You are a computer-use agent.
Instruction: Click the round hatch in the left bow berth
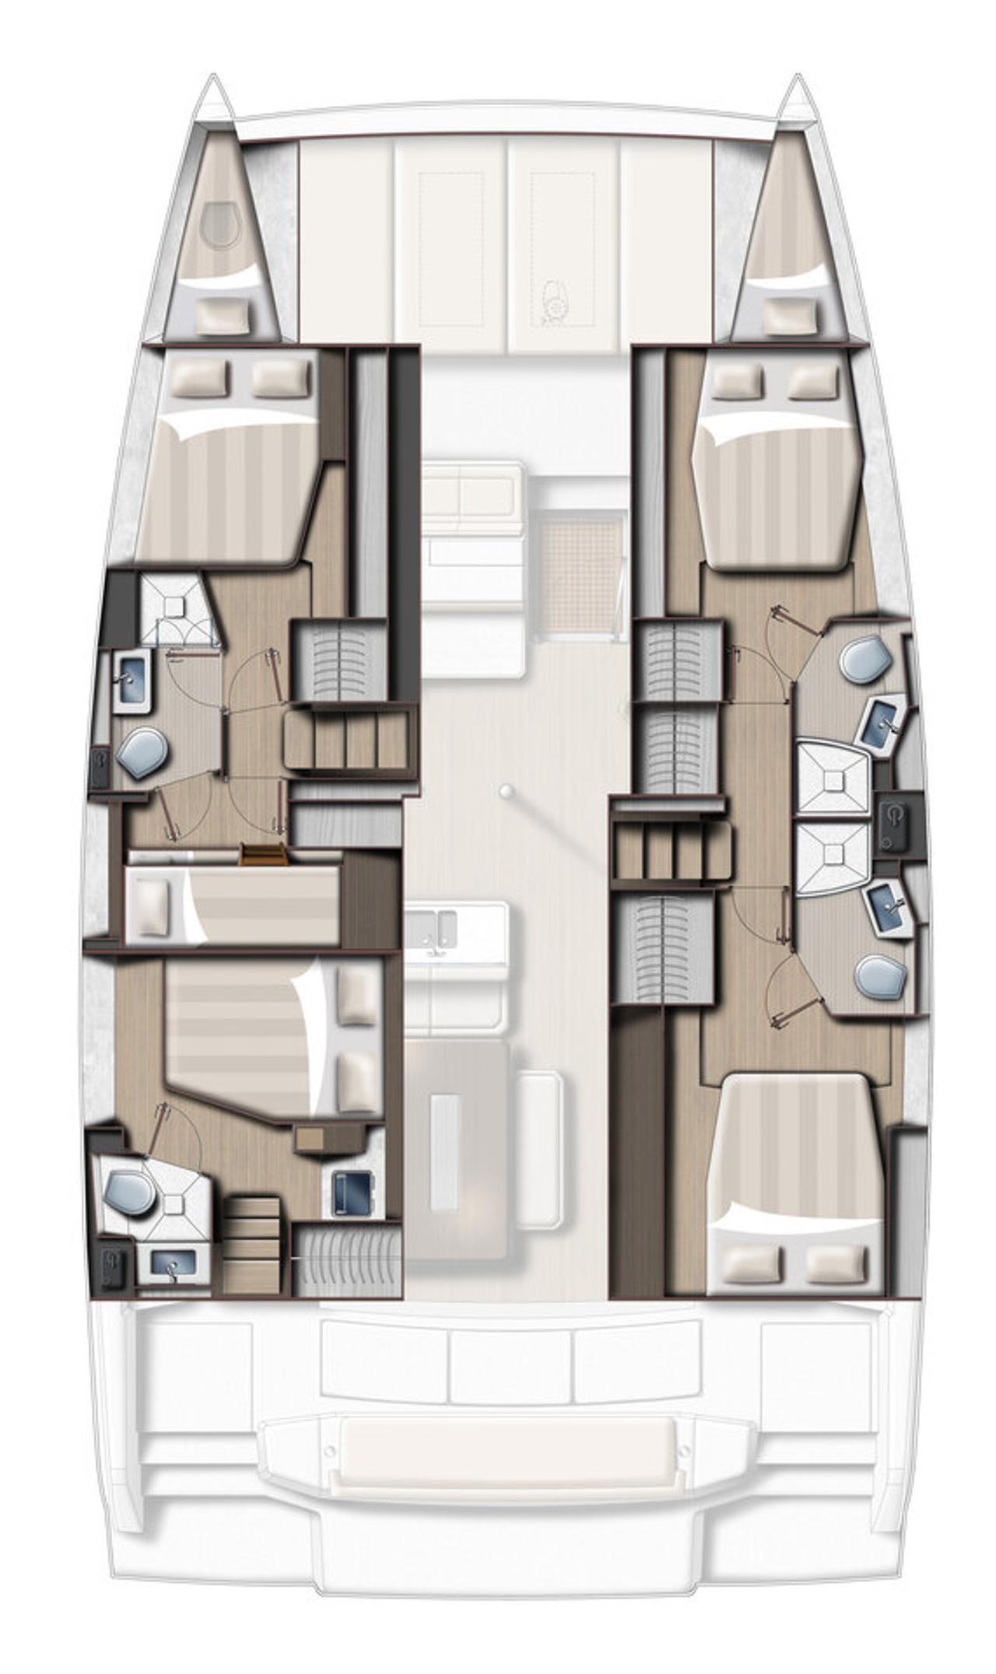click(x=219, y=224)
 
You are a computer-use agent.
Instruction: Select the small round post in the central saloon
click(x=507, y=791)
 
